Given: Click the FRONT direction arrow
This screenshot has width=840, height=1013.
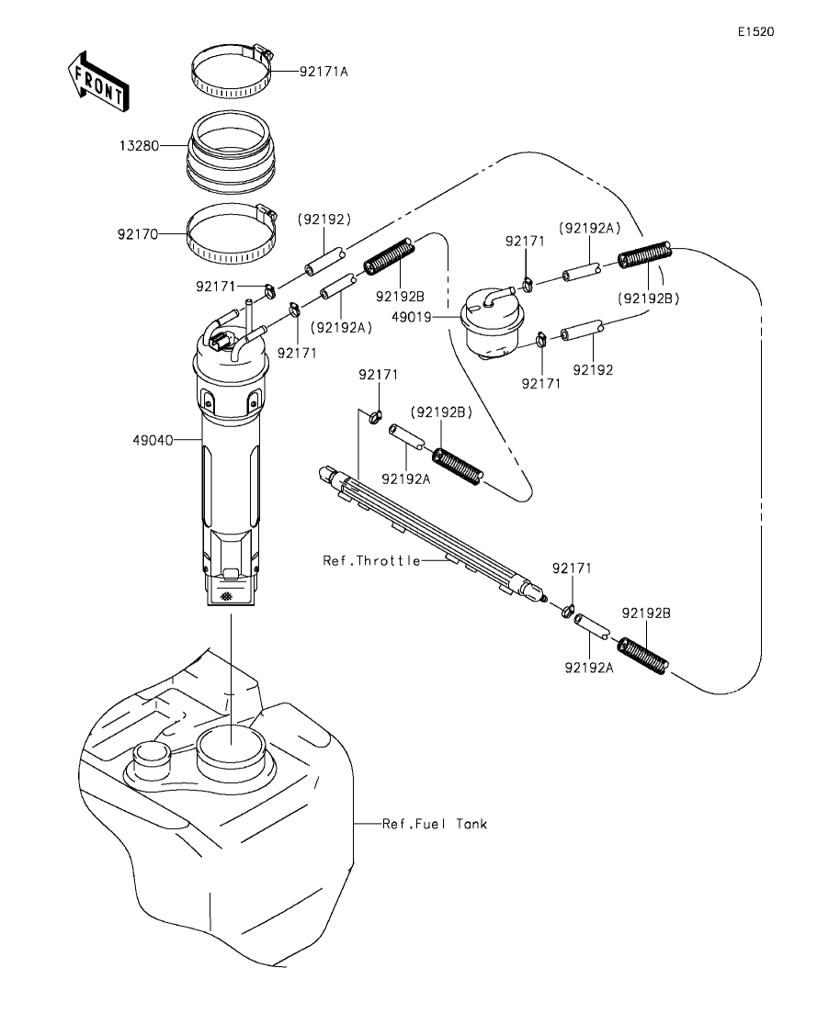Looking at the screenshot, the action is (98, 80).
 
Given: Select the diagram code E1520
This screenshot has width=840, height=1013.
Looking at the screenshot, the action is (756, 31).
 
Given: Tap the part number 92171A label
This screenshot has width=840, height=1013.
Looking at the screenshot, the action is (324, 71).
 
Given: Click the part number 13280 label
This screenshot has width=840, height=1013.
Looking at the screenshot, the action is (139, 146).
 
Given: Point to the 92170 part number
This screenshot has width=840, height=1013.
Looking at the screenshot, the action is (138, 234).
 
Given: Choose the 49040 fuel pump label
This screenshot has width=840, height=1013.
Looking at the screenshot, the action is (153, 440).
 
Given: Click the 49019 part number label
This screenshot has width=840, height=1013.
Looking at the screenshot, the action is (412, 317).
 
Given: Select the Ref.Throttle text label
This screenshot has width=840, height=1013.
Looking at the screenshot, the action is (372, 561).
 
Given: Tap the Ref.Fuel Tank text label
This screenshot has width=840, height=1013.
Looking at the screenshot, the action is (435, 824).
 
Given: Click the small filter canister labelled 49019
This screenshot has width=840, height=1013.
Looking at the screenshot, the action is (492, 325).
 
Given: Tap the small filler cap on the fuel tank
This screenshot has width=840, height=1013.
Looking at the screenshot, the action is (152, 759).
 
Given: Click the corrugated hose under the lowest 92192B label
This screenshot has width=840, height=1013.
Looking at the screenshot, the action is (642, 656).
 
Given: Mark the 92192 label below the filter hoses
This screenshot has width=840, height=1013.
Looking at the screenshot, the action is (593, 369).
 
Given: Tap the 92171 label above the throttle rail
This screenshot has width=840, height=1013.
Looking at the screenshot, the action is (379, 375).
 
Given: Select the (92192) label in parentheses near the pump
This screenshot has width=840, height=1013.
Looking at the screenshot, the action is (324, 219).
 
